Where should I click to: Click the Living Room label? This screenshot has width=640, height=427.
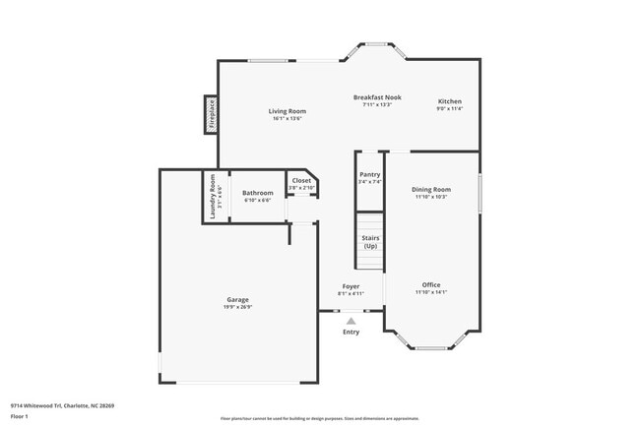coord(288,111)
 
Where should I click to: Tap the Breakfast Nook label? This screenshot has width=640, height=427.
coord(378,97)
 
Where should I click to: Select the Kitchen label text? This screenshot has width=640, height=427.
coord(450,101)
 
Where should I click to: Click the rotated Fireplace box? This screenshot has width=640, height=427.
coord(210,114)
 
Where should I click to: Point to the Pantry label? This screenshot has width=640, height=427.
coord(369,174)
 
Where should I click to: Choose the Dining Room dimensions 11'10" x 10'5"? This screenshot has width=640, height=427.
coord(431,197)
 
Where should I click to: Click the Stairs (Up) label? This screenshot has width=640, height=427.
coord(370,241)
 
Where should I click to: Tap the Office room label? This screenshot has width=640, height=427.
coord(431,284)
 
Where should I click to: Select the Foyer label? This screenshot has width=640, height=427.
coord(351,285)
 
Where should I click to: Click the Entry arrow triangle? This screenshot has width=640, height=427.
coord(351,320)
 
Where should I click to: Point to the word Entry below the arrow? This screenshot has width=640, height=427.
coord(351,332)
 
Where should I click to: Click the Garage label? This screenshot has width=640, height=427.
coord(237,299)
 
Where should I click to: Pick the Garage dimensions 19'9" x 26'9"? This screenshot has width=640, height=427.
coord(237,307)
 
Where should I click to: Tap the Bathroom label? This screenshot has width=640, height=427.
coord(258,192)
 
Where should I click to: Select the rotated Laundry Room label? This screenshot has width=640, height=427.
coord(211,197)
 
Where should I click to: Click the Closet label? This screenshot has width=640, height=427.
coord(301,180)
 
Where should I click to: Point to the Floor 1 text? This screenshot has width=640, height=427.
coord(21,415)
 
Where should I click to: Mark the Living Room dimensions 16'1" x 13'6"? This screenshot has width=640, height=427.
coord(288,119)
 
